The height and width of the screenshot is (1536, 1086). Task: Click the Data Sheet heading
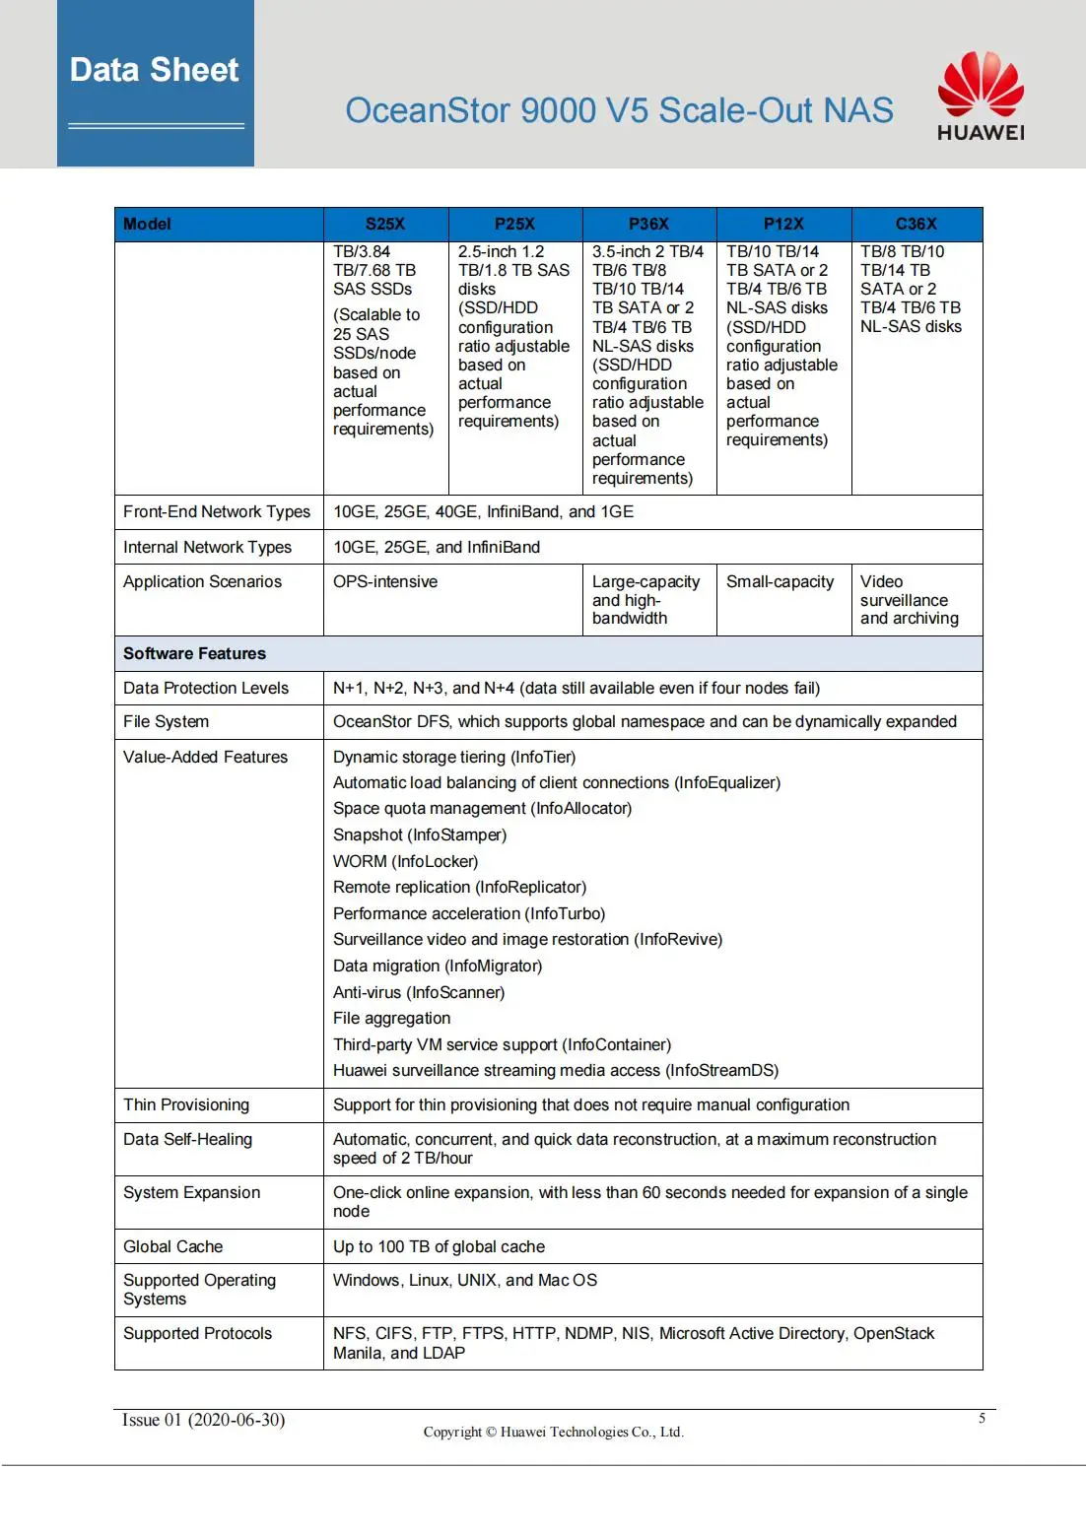tap(155, 70)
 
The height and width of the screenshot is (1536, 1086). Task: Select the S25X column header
tap(385, 225)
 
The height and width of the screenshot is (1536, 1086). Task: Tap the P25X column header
tap(514, 225)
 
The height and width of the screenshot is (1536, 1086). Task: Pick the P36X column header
tap(648, 225)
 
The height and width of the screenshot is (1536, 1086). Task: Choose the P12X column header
tap(783, 225)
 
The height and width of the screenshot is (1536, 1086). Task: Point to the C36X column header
tap(916, 225)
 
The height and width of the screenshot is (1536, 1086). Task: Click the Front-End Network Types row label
tap(217, 511)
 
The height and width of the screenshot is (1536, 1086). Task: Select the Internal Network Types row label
tap(207, 547)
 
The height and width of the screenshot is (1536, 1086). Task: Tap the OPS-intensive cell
tap(385, 581)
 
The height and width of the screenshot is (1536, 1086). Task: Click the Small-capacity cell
tap(781, 581)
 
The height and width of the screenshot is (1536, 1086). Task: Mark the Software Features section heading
tap(194, 653)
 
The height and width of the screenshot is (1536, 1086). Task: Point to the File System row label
tap(166, 721)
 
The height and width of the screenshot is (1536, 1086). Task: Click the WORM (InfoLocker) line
tap(405, 861)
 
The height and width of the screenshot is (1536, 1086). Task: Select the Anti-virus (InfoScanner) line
tap(419, 992)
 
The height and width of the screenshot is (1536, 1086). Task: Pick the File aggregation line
tap(391, 1018)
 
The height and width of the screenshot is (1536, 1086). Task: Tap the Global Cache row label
tap(172, 1246)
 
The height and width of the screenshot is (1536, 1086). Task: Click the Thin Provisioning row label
tap(186, 1104)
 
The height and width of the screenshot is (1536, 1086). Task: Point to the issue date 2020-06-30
tap(237, 1420)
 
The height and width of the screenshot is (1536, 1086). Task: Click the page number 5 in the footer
tap(982, 1418)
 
